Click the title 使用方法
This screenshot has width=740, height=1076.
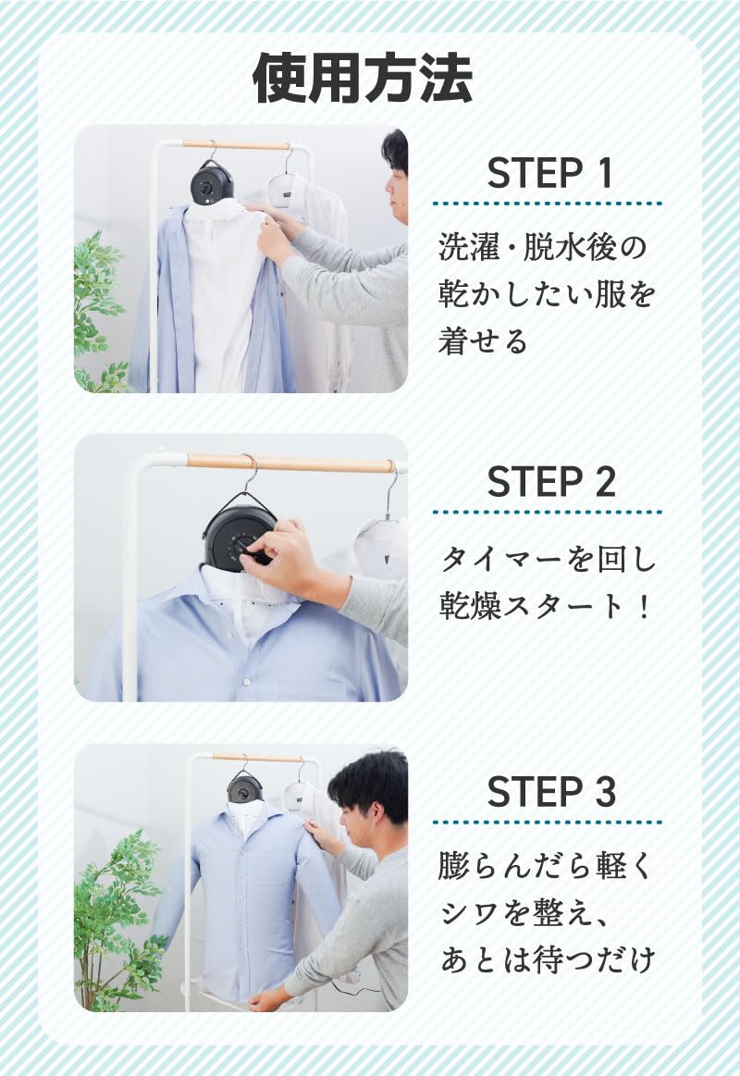point(363,79)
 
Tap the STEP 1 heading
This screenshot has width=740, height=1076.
point(549,174)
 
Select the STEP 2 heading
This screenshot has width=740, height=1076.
point(549,482)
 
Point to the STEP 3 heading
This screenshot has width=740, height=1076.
point(549,792)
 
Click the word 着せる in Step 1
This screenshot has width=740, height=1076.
point(483,340)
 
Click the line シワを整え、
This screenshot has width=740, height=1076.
point(523,912)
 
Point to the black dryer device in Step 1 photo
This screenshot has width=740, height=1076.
point(212,181)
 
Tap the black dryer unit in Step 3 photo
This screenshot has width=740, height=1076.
point(245,786)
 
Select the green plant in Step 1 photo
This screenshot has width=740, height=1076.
point(100,305)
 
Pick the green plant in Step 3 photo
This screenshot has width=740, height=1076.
point(116,916)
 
